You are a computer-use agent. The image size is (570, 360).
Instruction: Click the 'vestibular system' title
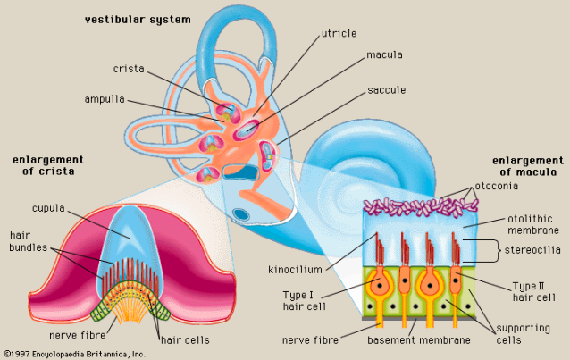pos(149,19)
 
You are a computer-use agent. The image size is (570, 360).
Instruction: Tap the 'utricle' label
pos(339,33)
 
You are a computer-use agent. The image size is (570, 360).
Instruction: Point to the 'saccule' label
pos(387,90)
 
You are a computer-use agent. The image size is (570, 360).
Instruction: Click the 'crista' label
pos(130,69)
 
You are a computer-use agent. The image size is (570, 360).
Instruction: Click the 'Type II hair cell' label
pos(535,292)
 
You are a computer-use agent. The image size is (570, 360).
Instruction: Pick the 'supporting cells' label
pos(526,334)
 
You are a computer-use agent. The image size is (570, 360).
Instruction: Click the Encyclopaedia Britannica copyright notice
pos(74,354)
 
